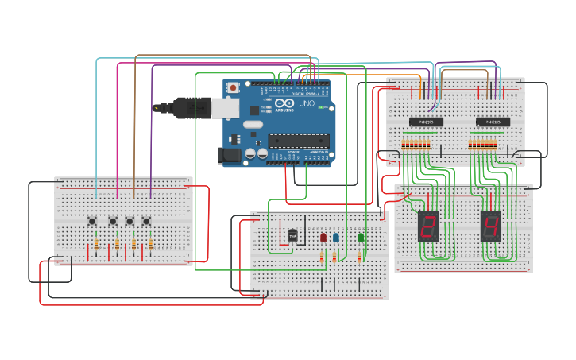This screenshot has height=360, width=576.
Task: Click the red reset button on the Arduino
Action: (x=233, y=87)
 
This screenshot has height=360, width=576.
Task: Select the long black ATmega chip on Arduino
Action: (x=298, y=141)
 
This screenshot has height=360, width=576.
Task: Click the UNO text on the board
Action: (x=306, y=104)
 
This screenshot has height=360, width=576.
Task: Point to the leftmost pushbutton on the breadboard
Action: (x=92, y=221)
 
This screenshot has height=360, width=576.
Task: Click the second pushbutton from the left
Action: (x=113, y=221)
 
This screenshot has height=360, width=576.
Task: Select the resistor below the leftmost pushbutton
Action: (x=96, y=245)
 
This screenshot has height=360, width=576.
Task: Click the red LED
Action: (x=323, y=237)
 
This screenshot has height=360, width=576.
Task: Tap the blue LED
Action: (x=335, y=237)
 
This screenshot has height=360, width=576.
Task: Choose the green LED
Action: (x=361, y=237)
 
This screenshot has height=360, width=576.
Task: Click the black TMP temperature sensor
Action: (x=292, y=235)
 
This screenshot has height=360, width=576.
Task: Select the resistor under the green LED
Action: (x=359, y=256)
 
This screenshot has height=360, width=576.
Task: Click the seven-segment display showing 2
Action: (x=428, y=226)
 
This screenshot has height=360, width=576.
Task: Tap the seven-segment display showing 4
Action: (x=491, y=226)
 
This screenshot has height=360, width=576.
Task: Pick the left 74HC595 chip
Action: (x=426, y=122)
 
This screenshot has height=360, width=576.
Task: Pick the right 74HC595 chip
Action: (x=493, y=122)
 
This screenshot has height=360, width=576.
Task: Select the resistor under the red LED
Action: (x=322, y=256)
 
